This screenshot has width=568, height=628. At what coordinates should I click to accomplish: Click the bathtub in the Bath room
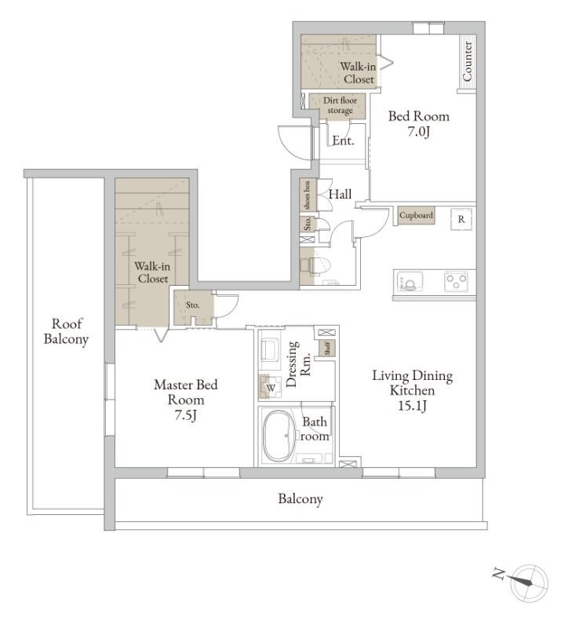(x=282, y=436)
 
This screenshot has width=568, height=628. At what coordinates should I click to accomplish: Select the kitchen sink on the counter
(x=410, y=281)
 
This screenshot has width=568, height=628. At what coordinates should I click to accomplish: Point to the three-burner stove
(x=457, y=281)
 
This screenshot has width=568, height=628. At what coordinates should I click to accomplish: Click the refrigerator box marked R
(x=461, y=219)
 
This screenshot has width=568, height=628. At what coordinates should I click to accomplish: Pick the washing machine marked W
(x=270, y=387)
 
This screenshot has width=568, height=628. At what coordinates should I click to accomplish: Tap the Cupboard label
(x=416, y=215)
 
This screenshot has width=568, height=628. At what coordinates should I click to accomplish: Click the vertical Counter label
(x=467, y=61)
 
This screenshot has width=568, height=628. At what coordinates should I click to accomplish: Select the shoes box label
(x=308, y=195)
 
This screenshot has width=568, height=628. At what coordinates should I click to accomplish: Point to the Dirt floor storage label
(x=340, y=105)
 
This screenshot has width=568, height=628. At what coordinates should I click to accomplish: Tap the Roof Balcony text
(x=66, y=331)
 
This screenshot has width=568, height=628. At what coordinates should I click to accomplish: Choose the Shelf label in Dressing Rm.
(x=327, y=348)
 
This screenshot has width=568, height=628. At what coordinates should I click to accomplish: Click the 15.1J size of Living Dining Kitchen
(x=413, y=406)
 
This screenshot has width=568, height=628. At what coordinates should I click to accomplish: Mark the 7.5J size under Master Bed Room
(x=185, y=415)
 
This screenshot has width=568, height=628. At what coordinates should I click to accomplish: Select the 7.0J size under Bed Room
(x=419, y=131)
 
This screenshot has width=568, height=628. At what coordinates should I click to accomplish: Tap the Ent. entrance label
(x=343, y=141)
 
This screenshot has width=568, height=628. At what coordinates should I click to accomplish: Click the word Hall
(x=340, y=194)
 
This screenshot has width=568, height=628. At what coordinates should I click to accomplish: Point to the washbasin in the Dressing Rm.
(x=269, y=349)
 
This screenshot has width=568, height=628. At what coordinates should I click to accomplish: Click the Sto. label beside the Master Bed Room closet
(x=192, y=305)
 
